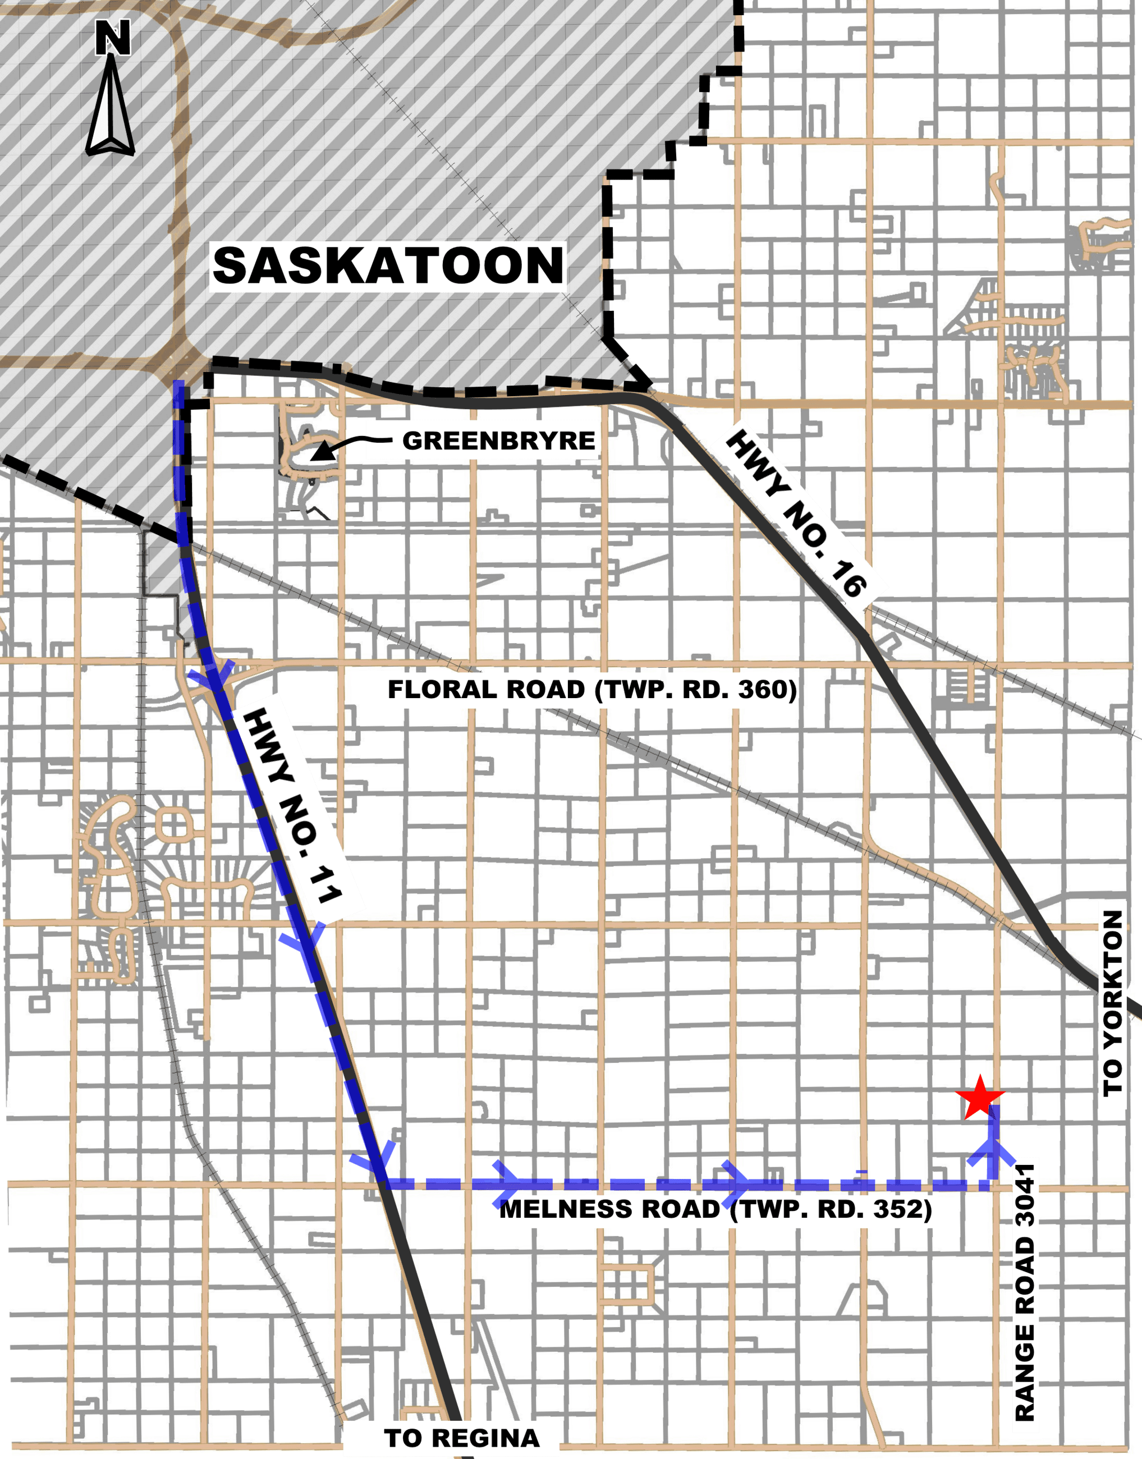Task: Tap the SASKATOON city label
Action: [388, 265]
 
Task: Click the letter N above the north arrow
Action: [112, 38]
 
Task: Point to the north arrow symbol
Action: [111, 107]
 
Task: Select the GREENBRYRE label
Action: [498, 441]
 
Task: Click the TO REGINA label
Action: [461, 1437]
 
